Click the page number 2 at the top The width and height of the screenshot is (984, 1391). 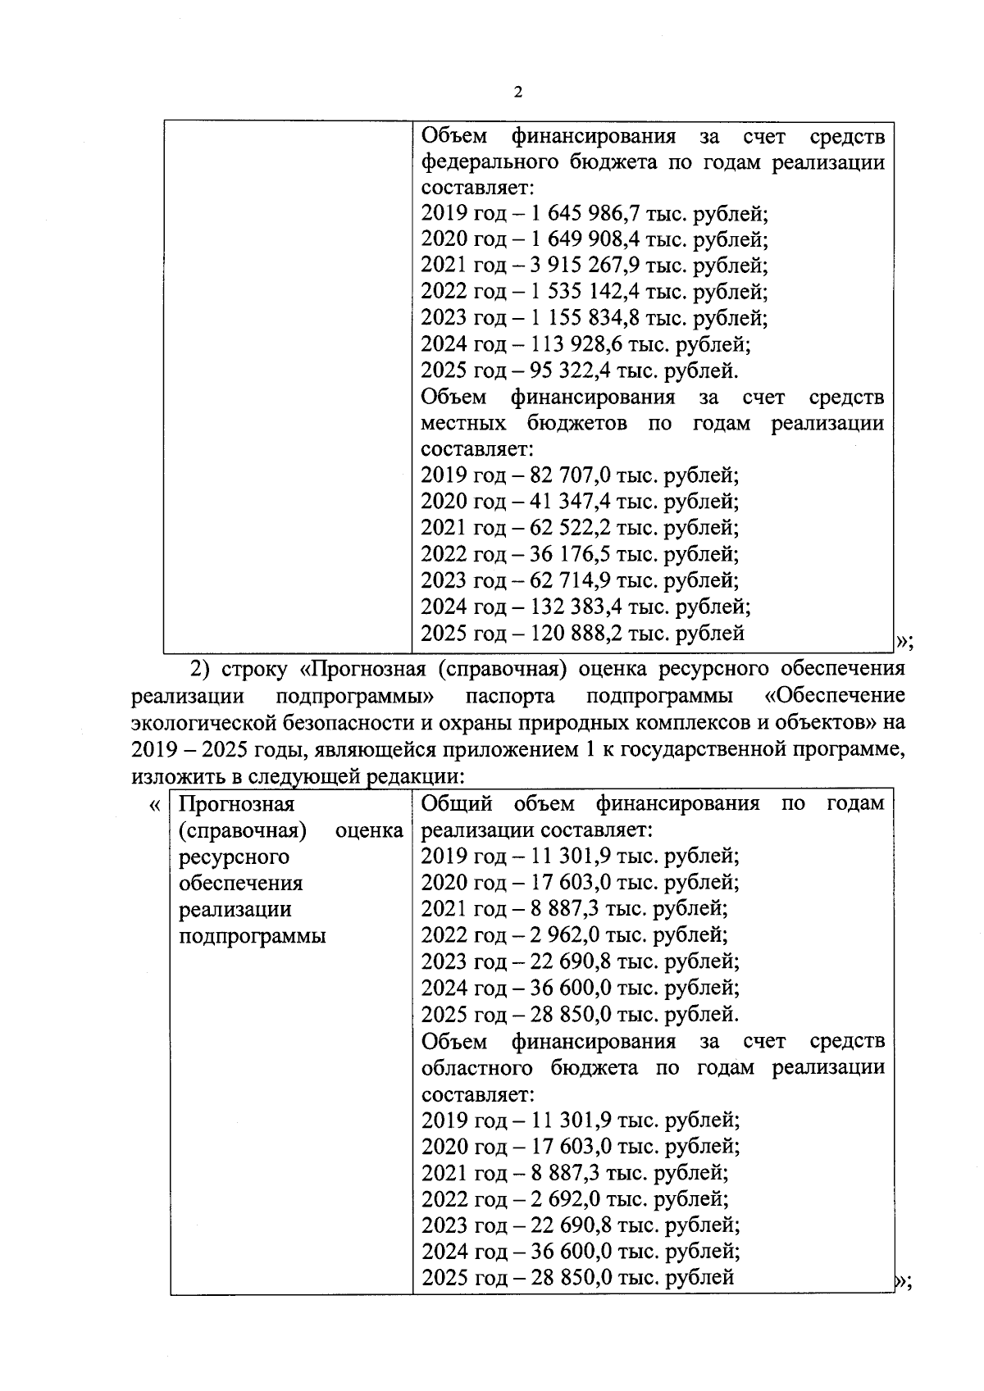(517, 92)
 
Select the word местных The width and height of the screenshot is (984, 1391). (463, 424)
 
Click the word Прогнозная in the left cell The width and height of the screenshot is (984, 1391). (236, 804)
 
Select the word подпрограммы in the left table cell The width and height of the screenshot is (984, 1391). (252, 936)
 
